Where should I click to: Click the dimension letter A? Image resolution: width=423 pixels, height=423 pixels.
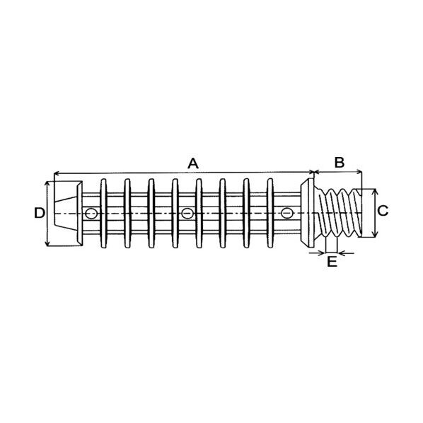193,163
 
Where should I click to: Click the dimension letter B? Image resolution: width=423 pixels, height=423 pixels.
340,163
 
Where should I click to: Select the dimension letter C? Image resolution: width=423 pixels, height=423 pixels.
383,211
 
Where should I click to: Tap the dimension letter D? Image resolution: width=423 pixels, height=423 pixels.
40,213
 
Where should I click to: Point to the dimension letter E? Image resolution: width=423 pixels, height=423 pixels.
332,262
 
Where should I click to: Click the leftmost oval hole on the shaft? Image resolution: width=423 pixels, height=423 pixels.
91,214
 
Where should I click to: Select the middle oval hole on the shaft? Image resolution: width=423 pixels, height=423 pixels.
187,214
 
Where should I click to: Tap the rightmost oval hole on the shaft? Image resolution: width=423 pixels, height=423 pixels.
286,213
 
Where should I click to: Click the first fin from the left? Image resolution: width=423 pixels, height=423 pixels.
103,213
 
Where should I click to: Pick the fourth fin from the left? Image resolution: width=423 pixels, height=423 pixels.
175,213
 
